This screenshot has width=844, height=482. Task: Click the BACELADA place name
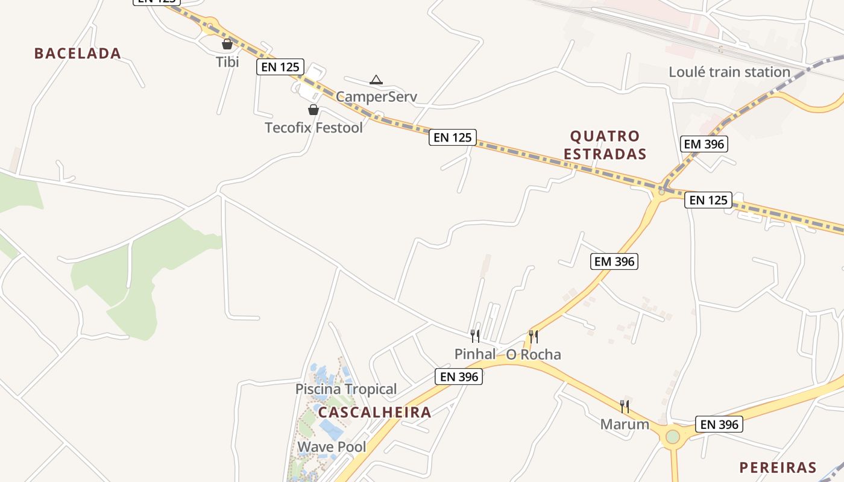(78, 53)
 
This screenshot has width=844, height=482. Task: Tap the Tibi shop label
(227, 61)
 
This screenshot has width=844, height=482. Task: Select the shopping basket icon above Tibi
(227, 44)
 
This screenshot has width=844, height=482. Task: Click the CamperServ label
(376, 96)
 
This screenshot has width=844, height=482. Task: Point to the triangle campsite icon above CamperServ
(376, 80)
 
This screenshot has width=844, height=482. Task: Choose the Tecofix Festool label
(314, 127)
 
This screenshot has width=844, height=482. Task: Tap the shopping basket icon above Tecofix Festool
(313, 110)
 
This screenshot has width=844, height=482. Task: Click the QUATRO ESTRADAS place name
(605, 145)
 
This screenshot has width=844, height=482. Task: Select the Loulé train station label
(729, 72)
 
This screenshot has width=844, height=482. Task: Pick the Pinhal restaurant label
(475, 354)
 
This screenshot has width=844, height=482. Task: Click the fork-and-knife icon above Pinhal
(475, 336)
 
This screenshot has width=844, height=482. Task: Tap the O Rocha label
(534, 354)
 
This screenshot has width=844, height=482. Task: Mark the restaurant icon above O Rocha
(534, 336)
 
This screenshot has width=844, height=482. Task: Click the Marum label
(625, 424)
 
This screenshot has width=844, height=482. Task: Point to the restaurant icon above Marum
(625, 407)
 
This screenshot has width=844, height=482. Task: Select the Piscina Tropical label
(346, 389)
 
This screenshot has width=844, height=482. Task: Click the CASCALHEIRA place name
(374, 412)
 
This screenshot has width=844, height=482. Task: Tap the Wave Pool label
(332, 447)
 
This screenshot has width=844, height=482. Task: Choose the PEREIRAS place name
(778, 468)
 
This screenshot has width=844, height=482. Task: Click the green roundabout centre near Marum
(673, 436)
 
